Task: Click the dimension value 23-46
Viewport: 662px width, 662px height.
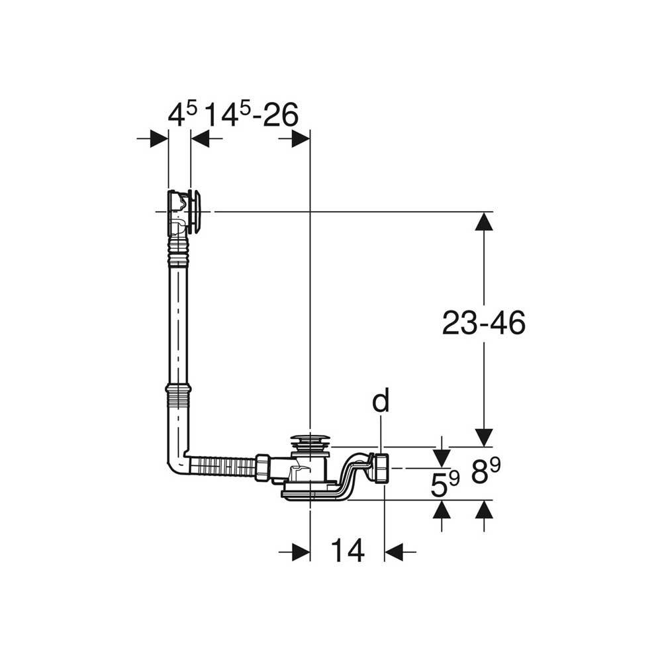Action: [x=484, y=324]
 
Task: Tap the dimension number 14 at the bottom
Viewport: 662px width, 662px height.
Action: [x=348, y=551]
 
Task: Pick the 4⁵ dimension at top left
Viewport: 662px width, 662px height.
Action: [x=183, y=114]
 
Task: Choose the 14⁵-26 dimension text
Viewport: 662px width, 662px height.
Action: [x=252, y=114]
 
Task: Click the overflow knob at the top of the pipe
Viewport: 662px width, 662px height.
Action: [x=197, y=212]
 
